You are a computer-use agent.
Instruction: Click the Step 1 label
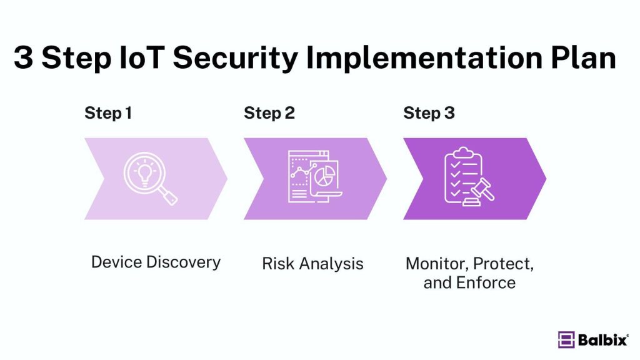click(108, 113)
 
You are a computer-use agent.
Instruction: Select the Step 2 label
click(269, 113)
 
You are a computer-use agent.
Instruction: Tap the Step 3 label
click(429, 113)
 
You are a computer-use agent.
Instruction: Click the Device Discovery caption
click(156, 261)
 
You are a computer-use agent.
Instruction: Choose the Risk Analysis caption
click(312, 264)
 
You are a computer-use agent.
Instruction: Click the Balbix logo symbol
click(566, 339)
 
